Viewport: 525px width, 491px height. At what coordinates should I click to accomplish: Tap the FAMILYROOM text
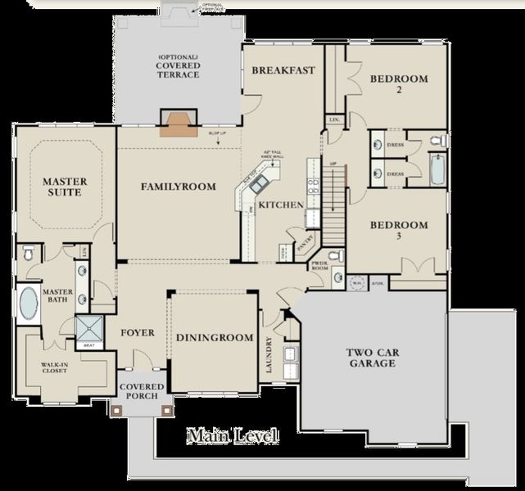point(178,187)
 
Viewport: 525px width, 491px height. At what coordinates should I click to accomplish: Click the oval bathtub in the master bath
point(28,304)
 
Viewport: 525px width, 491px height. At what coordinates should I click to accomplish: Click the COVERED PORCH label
point(143,392)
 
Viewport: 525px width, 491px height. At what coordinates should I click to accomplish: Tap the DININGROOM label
point(214,338)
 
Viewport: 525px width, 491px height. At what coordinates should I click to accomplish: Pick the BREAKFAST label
point(283,70)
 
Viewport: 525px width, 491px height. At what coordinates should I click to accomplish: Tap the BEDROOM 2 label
point(398,84)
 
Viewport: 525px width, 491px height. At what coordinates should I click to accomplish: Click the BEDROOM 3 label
point(398,231)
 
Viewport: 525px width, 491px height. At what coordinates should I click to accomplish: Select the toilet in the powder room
point(337,277)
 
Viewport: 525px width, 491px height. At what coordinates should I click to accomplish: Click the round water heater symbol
point(357,284)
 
